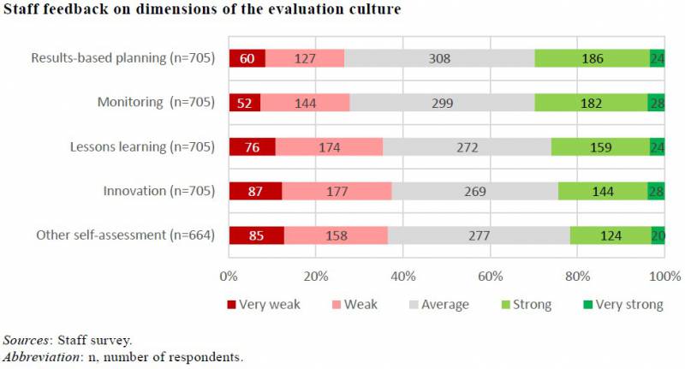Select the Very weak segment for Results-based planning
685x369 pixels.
tap(247, 58)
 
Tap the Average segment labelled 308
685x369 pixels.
tap(439, 58)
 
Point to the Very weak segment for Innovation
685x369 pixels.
tap(255, 190)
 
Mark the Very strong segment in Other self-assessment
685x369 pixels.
tap(658, 235)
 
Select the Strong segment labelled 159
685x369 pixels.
tap(599, 146)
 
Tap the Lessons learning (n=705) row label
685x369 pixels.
tap(140, 146)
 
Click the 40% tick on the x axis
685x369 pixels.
tap(402, 277)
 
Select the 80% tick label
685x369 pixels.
tap(577, 277)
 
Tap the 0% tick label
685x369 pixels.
tap(229, 277)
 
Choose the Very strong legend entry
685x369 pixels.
tap(624, 304)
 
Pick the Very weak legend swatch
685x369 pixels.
tap(231, 305)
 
